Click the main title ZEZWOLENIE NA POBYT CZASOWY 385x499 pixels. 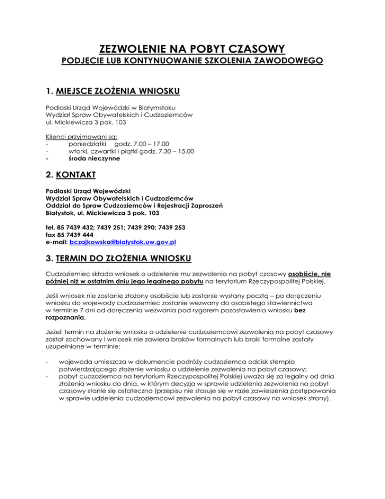(192, 49)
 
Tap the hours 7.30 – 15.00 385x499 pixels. (175, 151)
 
